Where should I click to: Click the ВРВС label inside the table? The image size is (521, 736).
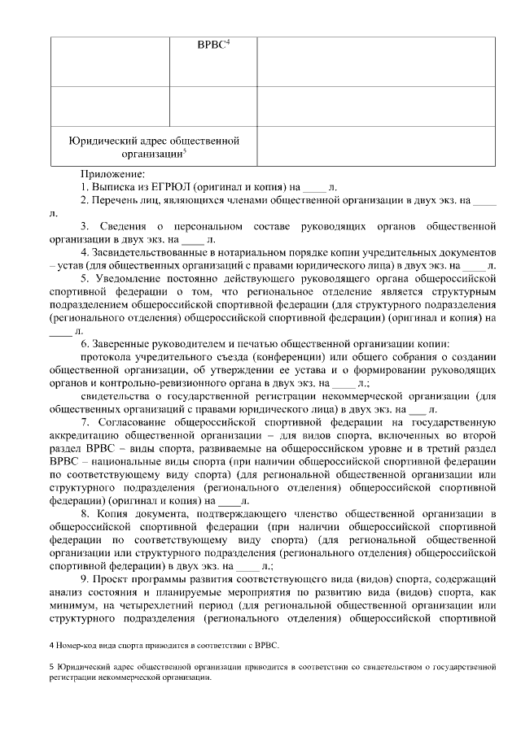click(212, 48)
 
